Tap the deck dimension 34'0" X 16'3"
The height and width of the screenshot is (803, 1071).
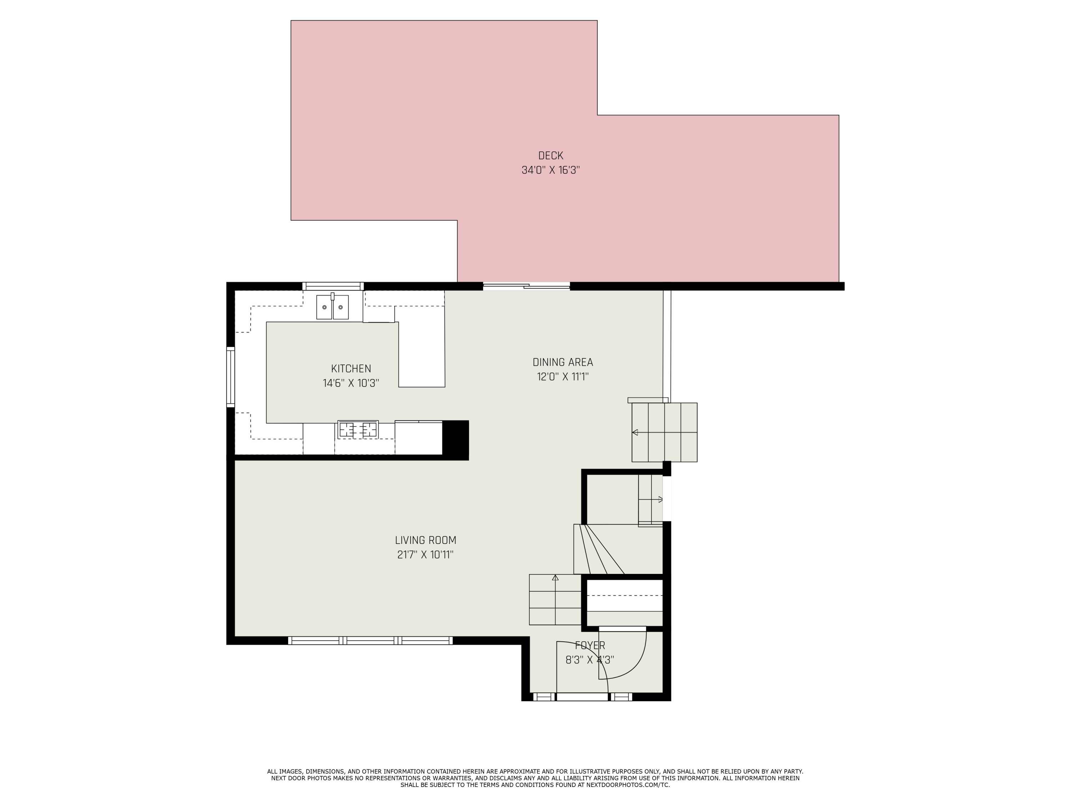tap(550, 170)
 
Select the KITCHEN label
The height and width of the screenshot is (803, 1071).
tap(351, 368)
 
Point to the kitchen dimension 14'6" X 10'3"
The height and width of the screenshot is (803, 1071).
tap(351, 383)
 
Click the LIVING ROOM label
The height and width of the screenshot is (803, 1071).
tap(426, 540)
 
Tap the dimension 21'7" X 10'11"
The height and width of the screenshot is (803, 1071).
tap(426, 555)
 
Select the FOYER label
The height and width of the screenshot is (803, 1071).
tap(590, 645)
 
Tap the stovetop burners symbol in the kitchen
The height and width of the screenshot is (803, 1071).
tap(358, 429)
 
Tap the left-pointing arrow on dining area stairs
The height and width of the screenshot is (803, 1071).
tap(635, 432)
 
